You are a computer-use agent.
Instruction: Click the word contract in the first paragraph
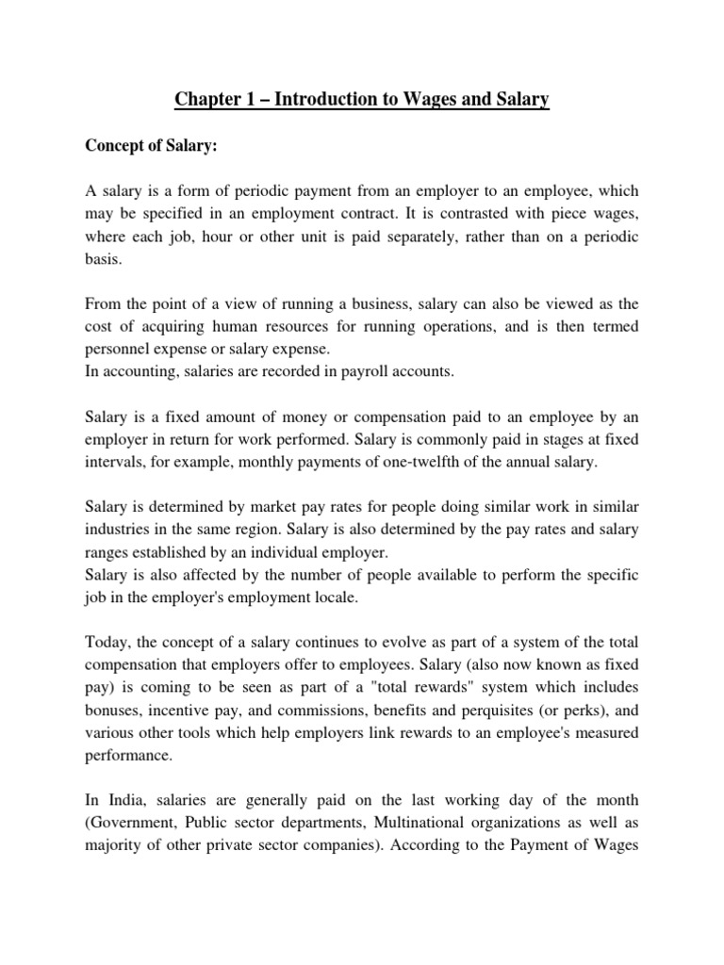[x=453, y=214]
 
